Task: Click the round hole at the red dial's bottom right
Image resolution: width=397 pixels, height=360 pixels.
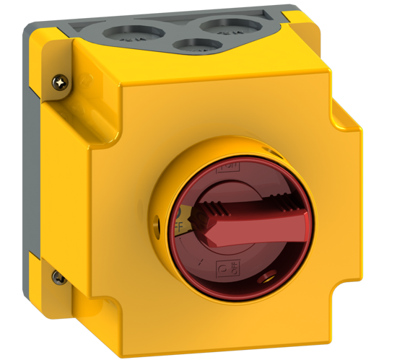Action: [x=273, y=274]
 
